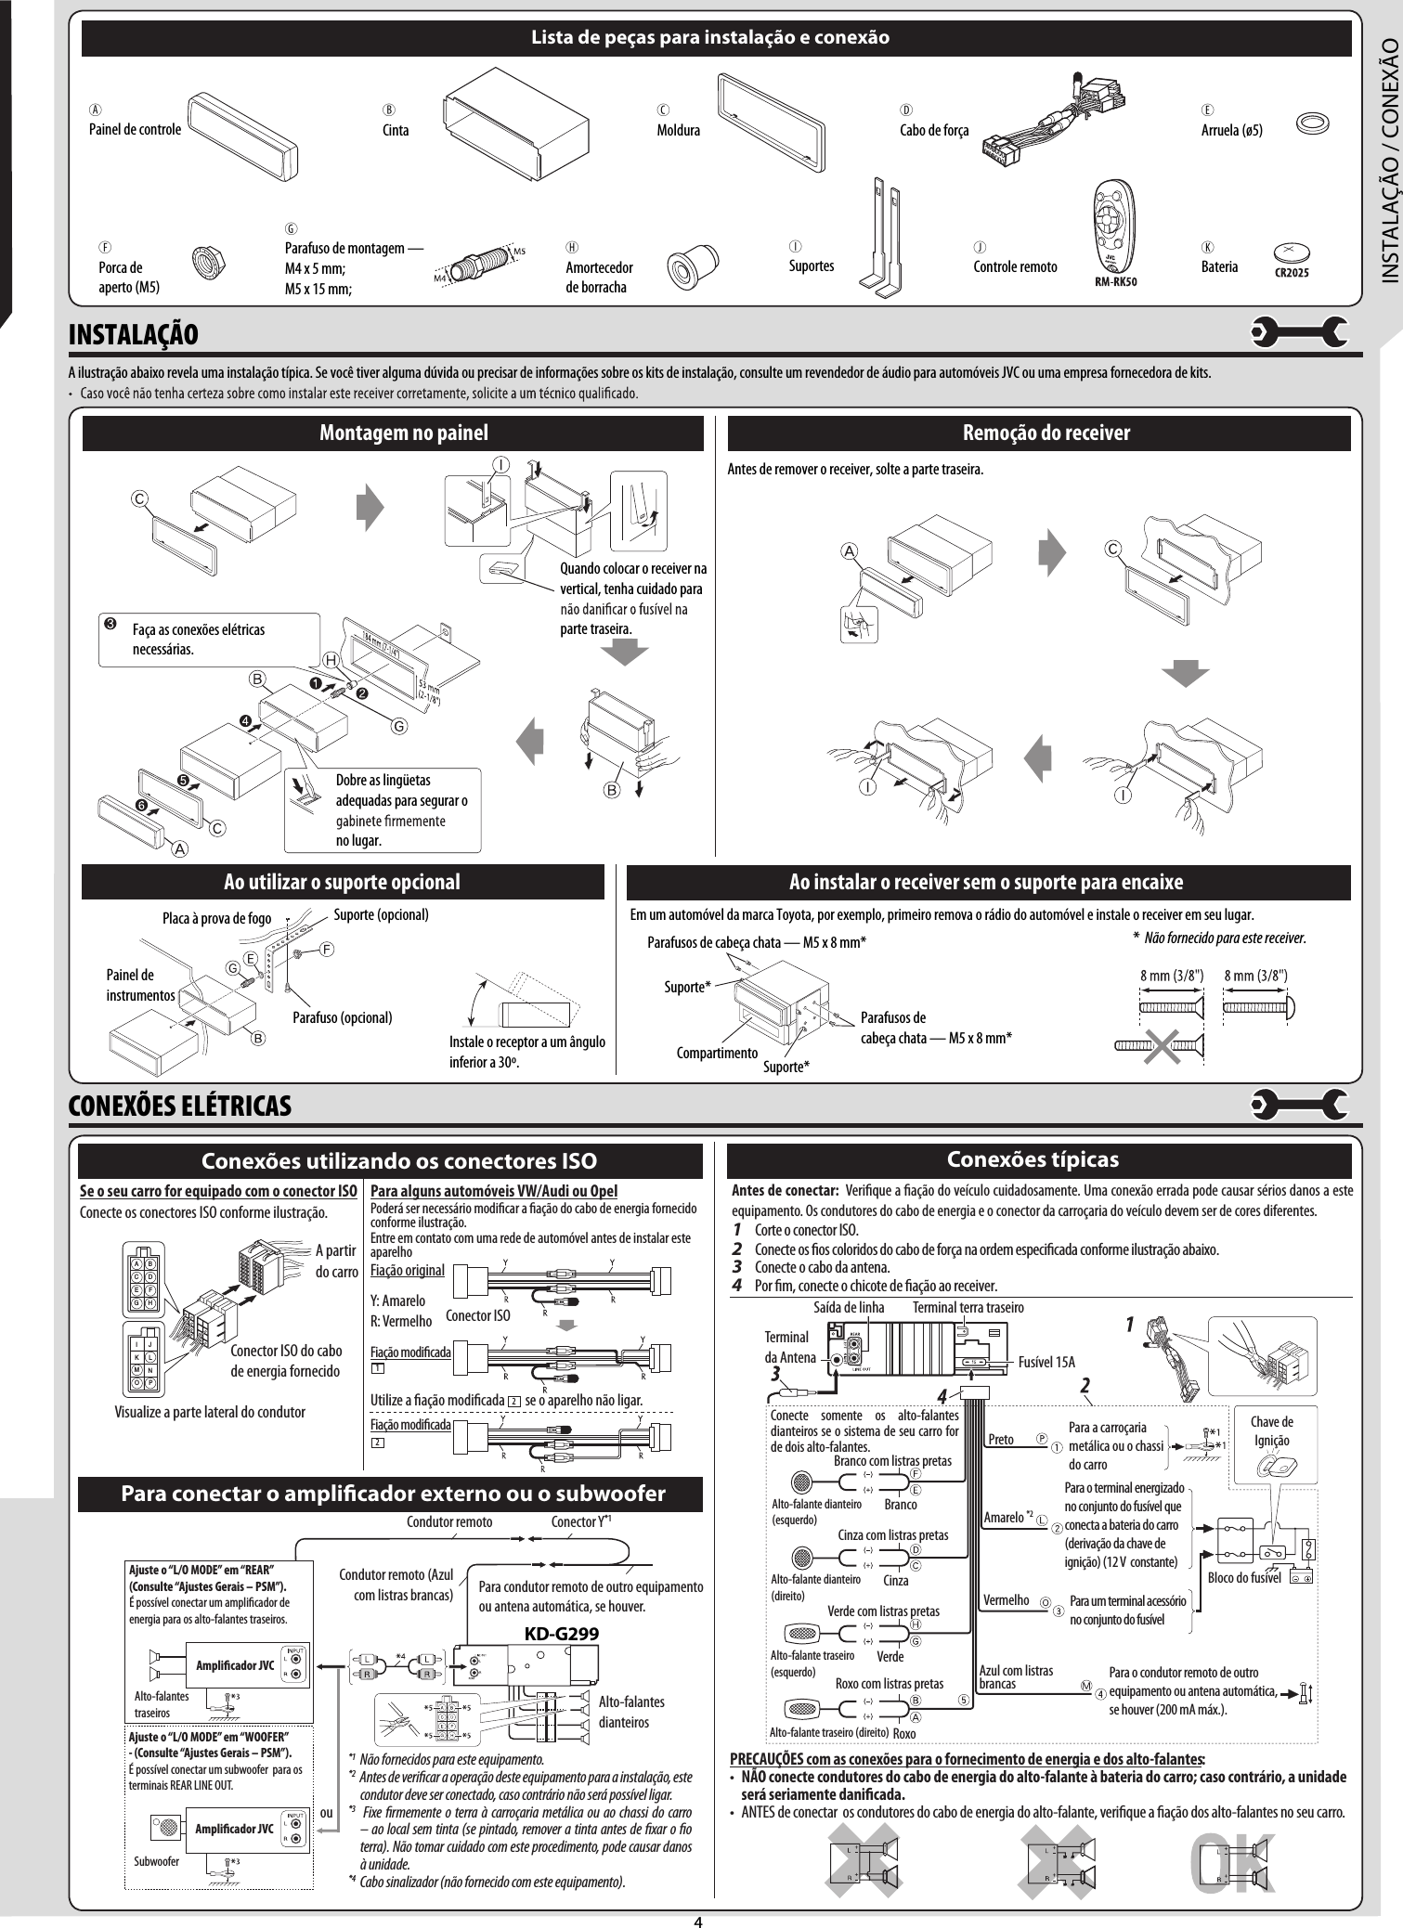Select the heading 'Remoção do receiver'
point(1046,433)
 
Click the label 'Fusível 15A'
point(1046,1362)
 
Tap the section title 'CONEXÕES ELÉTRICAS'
point(180,1106)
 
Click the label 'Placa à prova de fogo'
point(216,919)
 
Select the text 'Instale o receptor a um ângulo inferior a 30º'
point(527,1051)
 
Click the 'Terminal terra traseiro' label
point(968,1307)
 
